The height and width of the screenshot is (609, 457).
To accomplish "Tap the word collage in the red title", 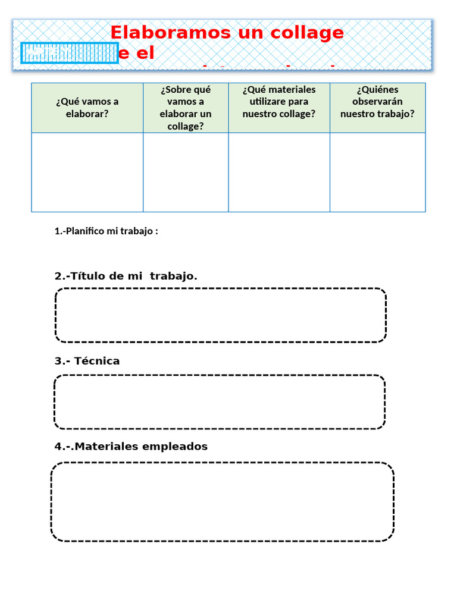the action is pyautogui.click(x=311, y=33).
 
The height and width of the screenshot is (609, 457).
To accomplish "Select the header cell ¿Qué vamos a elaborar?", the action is pyautogui.click(x=87, y=108).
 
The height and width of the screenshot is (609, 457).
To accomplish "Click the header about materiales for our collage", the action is pyautogui.click(x=278, y=102).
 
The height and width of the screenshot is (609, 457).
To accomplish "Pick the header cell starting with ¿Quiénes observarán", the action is pyautogui.click(x=377, y=102).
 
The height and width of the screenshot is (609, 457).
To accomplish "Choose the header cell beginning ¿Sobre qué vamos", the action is pyautogui.click(x=186, y=108).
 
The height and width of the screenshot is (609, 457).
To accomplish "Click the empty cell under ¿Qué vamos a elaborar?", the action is pyautogui.click(x=87, y=172).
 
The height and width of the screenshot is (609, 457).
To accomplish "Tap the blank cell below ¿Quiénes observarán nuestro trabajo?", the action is pyautogui.click(x=377, y=172).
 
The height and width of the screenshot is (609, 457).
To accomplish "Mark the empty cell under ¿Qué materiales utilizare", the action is pyautogui.click(x=278, y=172).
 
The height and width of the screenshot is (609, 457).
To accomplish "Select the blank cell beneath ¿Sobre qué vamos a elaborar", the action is pyautogui.click(x=186, y=172).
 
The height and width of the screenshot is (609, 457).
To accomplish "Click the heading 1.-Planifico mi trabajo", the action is pyautogui.click(x=106, y=231).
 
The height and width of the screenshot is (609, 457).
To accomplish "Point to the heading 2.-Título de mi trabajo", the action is pyautogui.click(x=126, y=276).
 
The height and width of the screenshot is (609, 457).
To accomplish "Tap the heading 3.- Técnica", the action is pyautogui.click(x=87, y=361).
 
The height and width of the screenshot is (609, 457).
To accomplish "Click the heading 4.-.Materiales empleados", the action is pyautogui.click(x=131, y=447).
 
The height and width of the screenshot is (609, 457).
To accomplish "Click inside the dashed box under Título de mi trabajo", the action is pyautogui.click(x=221, y=315).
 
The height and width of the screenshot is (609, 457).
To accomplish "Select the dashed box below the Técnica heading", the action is pyautogui.click(x=220, y=401).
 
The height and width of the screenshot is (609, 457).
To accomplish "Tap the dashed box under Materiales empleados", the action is pyautogui.click(x=222, y=501).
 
